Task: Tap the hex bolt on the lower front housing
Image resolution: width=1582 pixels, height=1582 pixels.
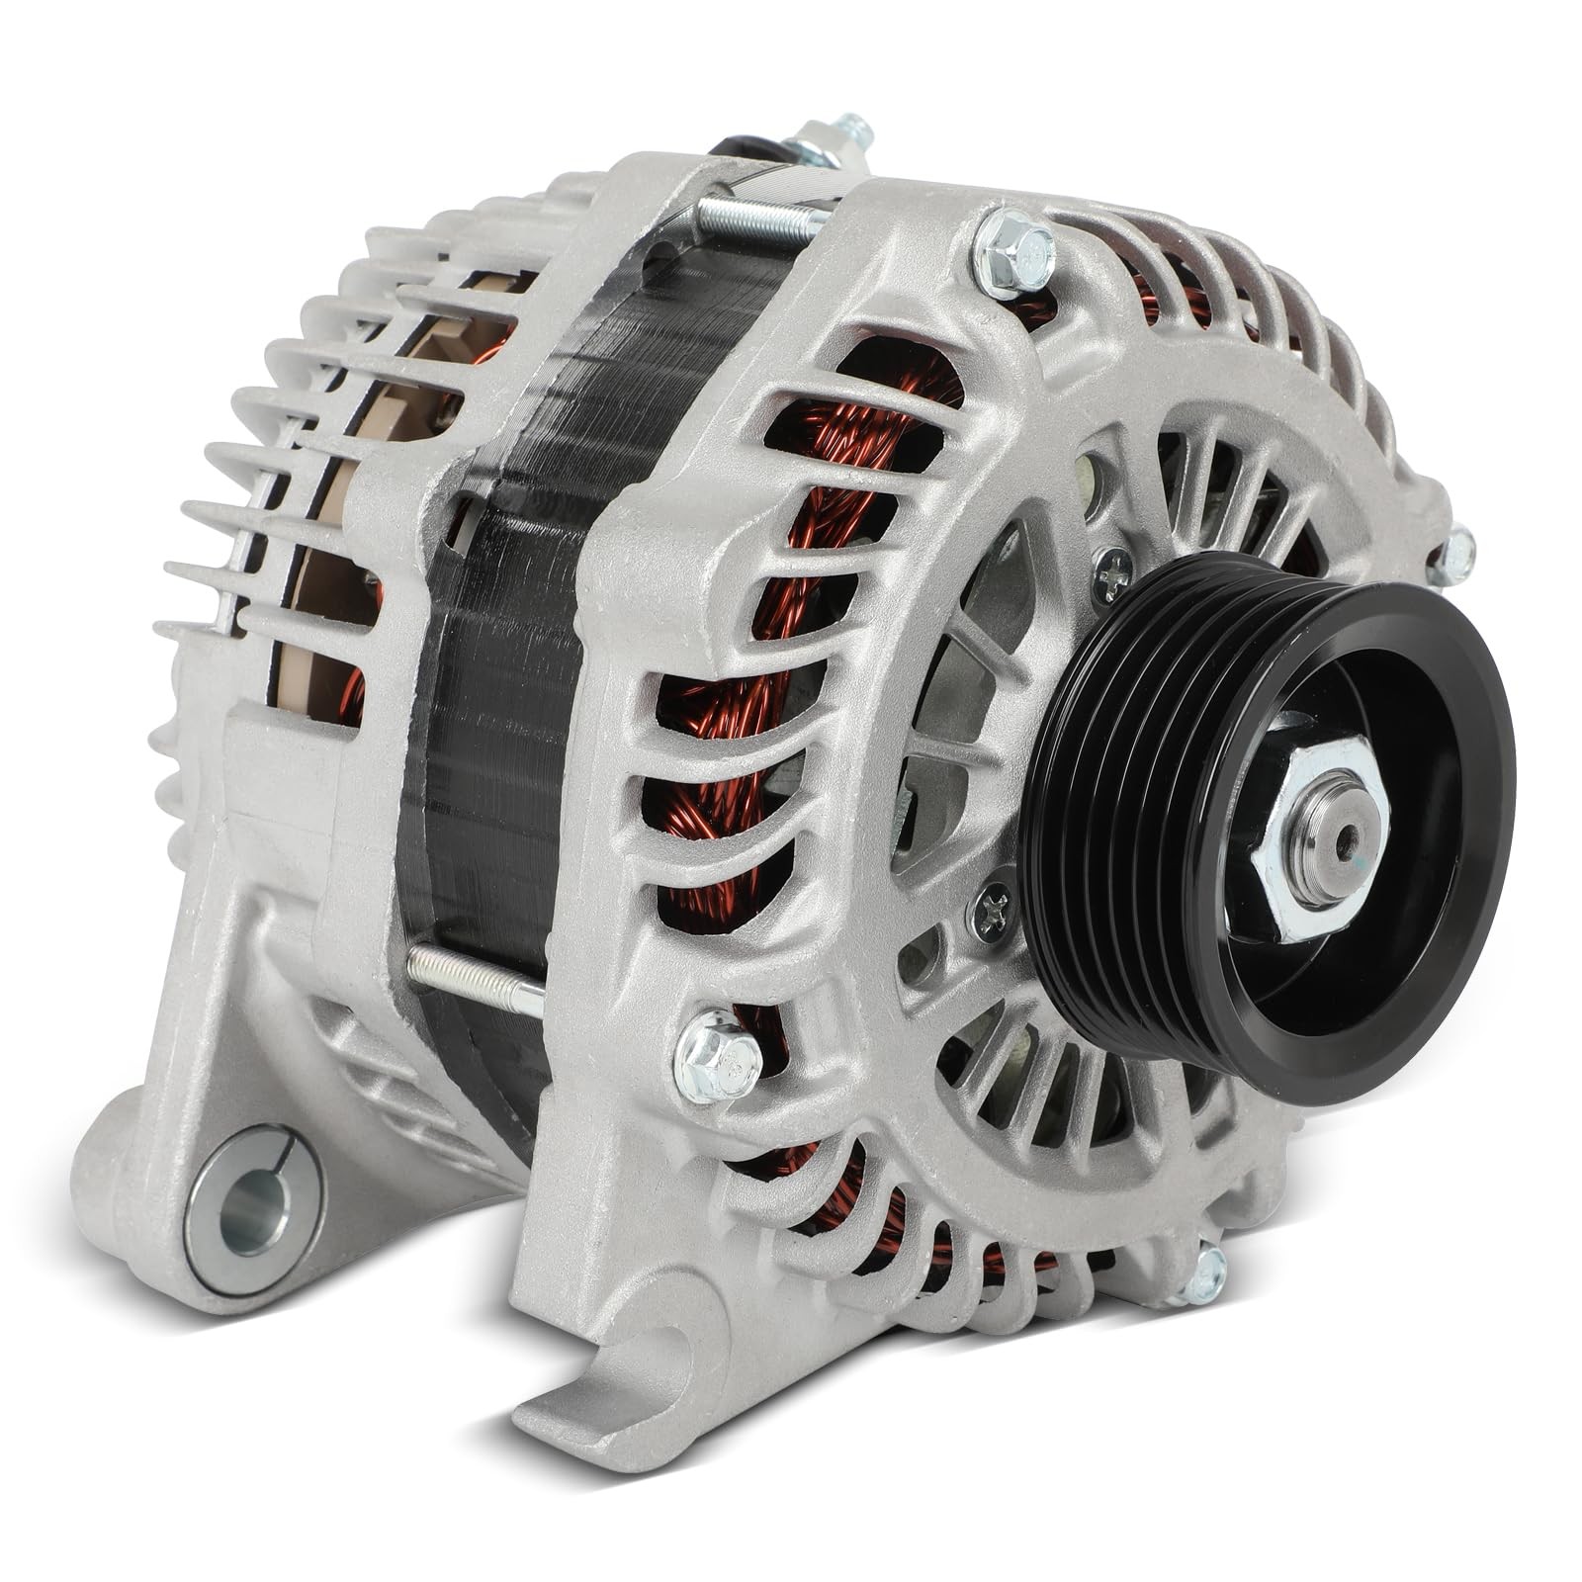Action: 718,1056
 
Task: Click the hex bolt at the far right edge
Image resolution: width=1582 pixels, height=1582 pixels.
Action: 1451,556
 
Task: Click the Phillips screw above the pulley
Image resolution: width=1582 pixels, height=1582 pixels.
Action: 1114,571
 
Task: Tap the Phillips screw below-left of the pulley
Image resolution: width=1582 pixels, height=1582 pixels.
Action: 995,905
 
